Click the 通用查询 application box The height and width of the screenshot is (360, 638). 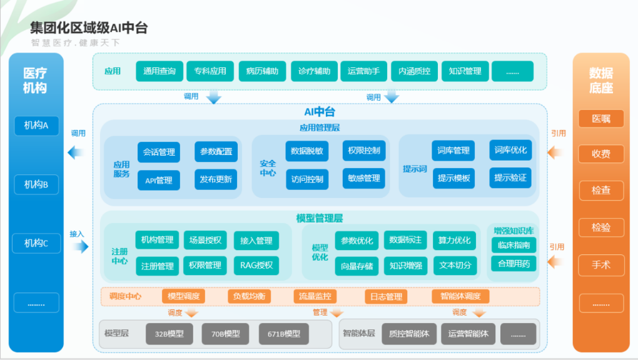159,71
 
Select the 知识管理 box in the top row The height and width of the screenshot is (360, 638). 465,71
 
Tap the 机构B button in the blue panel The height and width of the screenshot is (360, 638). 36,184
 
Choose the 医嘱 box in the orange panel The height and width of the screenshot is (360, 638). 601,119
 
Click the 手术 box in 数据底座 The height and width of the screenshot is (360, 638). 601,265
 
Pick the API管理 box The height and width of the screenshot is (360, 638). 159,180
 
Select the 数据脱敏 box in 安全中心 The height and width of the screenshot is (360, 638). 306,151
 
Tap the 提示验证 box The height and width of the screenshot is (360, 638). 510,177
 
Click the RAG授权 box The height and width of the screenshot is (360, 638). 256,266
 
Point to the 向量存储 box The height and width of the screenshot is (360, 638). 357,266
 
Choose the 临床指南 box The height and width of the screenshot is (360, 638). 514,245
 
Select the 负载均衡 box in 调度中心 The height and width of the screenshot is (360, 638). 249,296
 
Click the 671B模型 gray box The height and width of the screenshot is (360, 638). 283,334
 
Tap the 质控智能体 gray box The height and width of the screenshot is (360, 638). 409,334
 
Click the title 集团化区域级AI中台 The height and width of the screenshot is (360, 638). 89,27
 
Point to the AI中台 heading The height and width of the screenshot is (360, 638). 320,112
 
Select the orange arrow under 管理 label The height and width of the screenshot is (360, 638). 337,313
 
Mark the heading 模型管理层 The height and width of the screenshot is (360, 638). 320,219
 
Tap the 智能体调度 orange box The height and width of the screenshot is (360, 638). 460,296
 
